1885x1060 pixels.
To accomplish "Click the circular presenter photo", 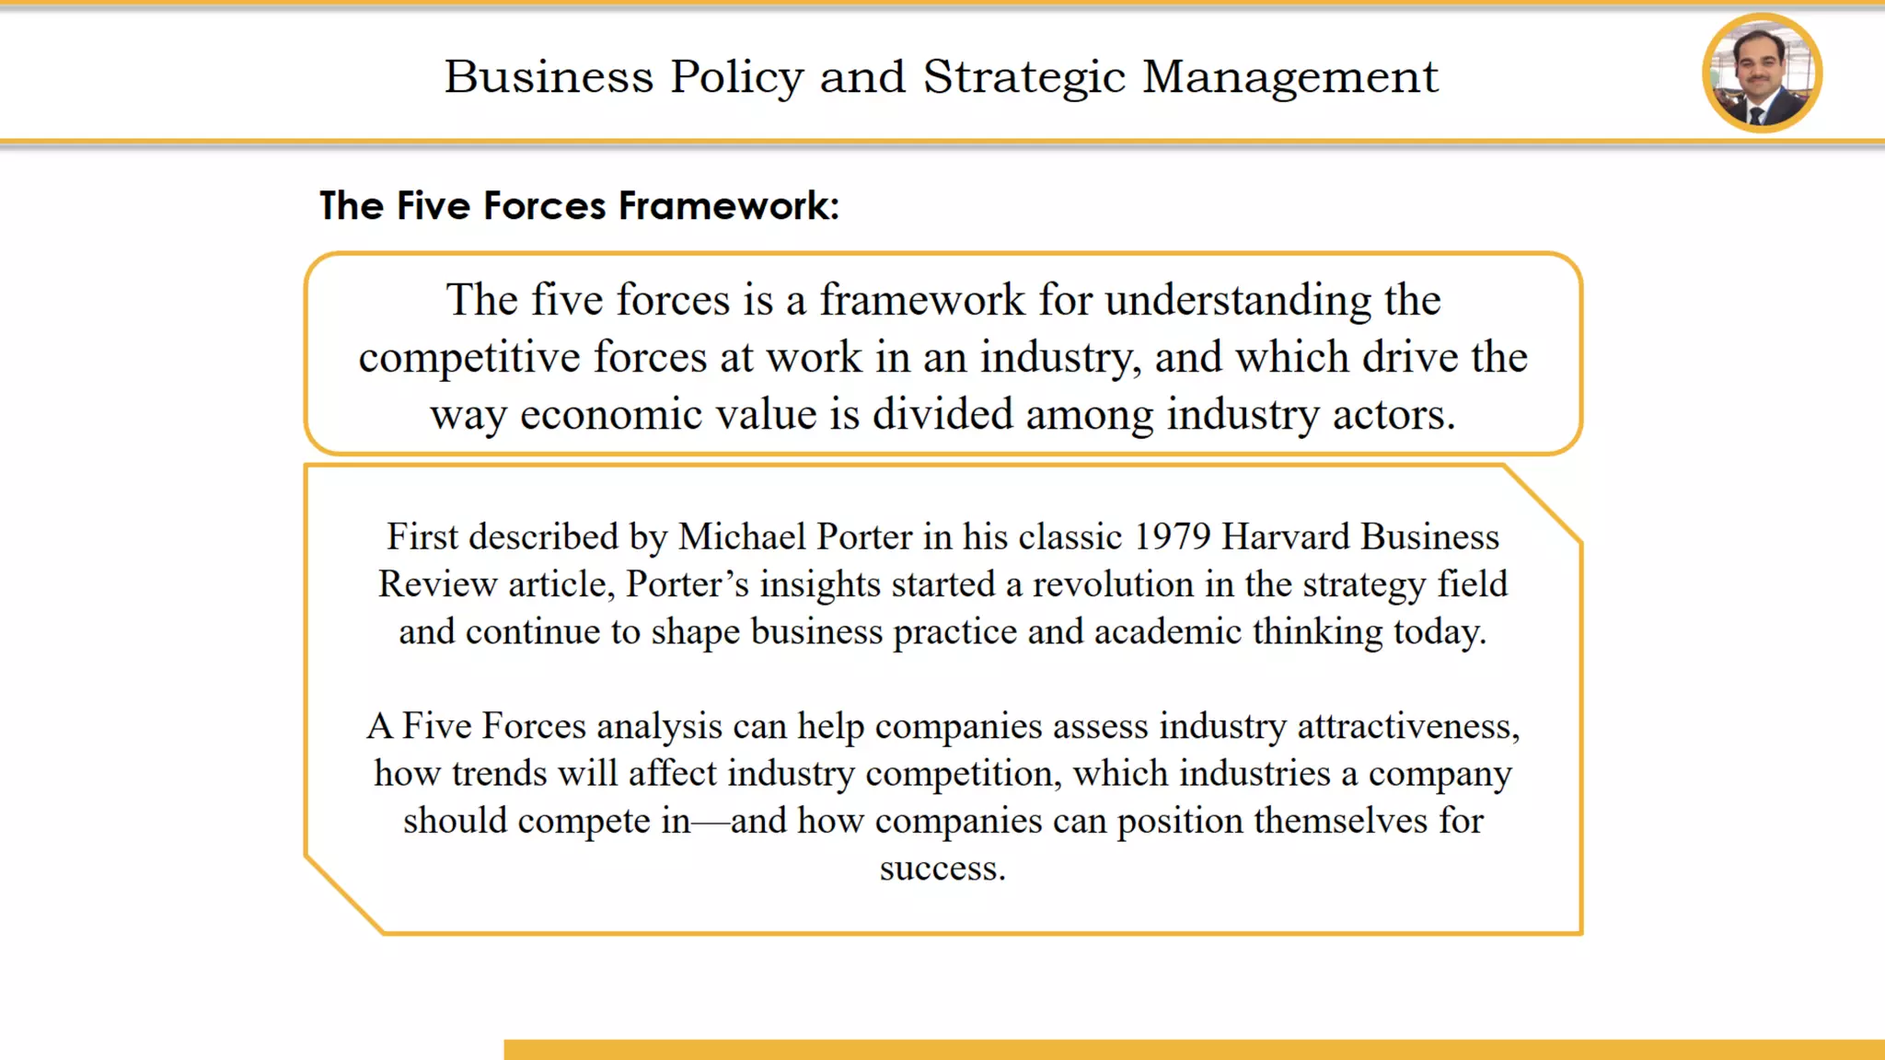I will click(x=1762, y=73).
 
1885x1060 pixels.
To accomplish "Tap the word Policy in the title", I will click(x=736, y=77).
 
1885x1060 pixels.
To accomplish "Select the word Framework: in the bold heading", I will click(x=728, y=205).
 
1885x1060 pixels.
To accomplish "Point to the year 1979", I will click(x=1172, y=536).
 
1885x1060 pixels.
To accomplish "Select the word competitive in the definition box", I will click(x=469, y=357).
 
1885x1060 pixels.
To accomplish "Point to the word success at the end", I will click(x=942, y=869).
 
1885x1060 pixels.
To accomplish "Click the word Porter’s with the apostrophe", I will click(x=688, y=584).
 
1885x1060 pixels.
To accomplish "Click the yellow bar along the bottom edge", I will click(x=1194, y=1049).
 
